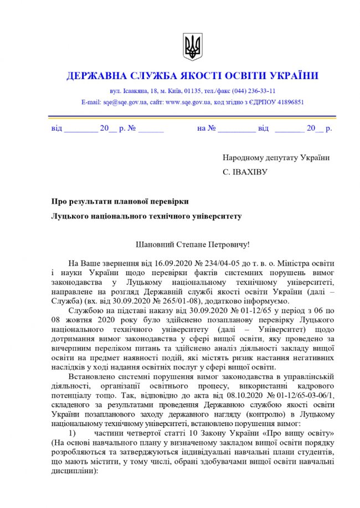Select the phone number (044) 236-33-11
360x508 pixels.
[253, 91]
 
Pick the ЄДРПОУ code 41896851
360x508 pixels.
[285, 102]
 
